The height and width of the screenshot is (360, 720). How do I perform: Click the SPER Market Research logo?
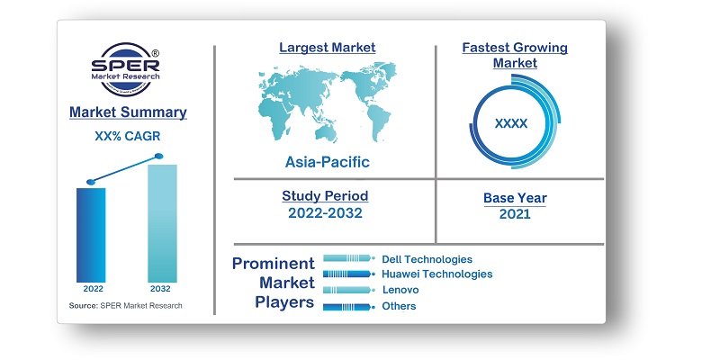127,70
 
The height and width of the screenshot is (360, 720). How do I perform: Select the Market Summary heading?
128,112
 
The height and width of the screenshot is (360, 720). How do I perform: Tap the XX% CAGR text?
128,137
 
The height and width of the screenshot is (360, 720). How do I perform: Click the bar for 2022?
91,234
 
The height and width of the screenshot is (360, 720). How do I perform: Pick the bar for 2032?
162,223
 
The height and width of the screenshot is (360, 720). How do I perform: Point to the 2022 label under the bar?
93,290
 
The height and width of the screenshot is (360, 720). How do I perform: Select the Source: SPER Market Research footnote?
125,306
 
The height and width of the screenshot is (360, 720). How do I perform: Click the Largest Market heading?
327,47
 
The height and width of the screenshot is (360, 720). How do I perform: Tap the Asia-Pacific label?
328,163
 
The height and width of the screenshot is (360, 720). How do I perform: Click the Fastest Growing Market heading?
514,54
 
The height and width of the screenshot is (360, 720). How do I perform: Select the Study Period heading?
325,195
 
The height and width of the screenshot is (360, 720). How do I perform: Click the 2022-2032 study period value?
325,213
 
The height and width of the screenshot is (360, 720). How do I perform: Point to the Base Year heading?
514,198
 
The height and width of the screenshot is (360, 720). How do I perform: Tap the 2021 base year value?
514,214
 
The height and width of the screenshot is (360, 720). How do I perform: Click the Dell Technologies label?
427,259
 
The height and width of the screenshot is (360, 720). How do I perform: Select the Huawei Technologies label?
436,274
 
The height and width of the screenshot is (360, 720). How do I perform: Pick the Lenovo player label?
400,290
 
